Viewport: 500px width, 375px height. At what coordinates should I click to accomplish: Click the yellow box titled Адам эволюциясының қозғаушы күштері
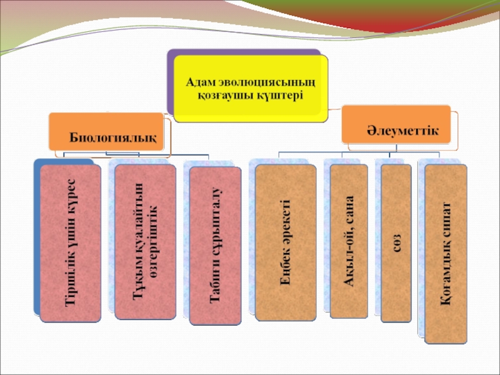[x=250, y=87]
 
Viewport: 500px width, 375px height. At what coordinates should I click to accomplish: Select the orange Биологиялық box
[x=112, y=132]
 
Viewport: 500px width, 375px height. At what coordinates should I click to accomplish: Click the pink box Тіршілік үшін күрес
[x=70, y=242]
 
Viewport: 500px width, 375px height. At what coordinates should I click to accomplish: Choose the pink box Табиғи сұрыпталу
[x=216, y=246]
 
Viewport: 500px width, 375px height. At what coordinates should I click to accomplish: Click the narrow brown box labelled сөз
[x=396, y=242]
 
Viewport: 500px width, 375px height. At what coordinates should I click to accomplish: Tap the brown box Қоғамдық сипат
[x=445, y=253]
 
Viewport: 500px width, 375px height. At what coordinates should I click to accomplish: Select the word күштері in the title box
[x=280, y=95]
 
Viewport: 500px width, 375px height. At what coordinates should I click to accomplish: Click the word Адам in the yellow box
[x=201, y=82]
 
